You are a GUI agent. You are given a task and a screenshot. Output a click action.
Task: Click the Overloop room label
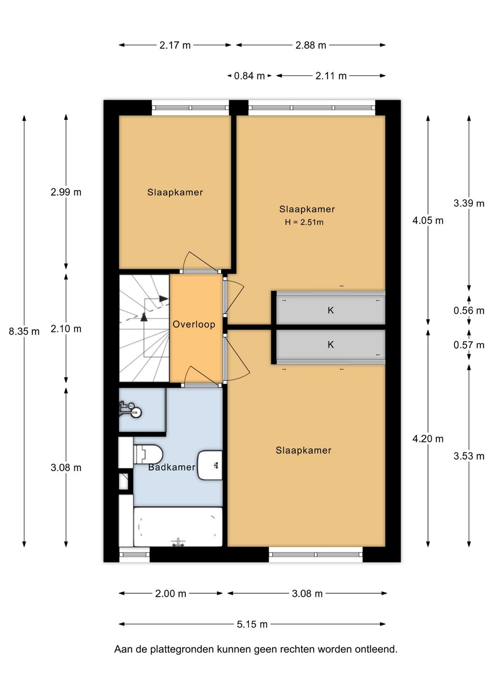(194, 324)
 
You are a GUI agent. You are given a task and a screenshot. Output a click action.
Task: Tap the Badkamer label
(172, 467)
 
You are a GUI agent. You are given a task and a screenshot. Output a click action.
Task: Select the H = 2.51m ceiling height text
(304, 223)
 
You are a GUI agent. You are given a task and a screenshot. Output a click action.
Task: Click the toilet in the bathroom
(148, 454)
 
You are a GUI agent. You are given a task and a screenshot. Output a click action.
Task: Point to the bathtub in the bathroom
(178, 527)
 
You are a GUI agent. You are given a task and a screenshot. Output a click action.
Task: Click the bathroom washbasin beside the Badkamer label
(210, 465)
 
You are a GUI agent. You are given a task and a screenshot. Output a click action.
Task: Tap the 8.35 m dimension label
(24, 332)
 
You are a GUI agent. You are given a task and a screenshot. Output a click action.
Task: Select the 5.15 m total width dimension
(252, 624)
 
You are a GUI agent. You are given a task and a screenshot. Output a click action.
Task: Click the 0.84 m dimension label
(249, 76)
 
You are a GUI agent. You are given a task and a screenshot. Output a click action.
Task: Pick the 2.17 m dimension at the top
(175, 45)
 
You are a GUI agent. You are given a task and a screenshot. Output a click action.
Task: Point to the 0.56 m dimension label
(469, 311)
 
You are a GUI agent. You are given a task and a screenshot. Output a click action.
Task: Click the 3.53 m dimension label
(469, 456)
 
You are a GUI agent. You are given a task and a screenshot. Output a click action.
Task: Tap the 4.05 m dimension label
(428, 221)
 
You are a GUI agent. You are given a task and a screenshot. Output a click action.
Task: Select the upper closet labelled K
(330, 311)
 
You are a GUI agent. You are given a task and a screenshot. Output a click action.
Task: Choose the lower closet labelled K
(330, 345)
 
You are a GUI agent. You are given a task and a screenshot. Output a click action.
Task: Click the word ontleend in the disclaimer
(378, 649)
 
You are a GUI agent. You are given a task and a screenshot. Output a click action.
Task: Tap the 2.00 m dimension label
(170, 593)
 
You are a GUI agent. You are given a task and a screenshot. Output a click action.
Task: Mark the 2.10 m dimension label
(66, 329)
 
